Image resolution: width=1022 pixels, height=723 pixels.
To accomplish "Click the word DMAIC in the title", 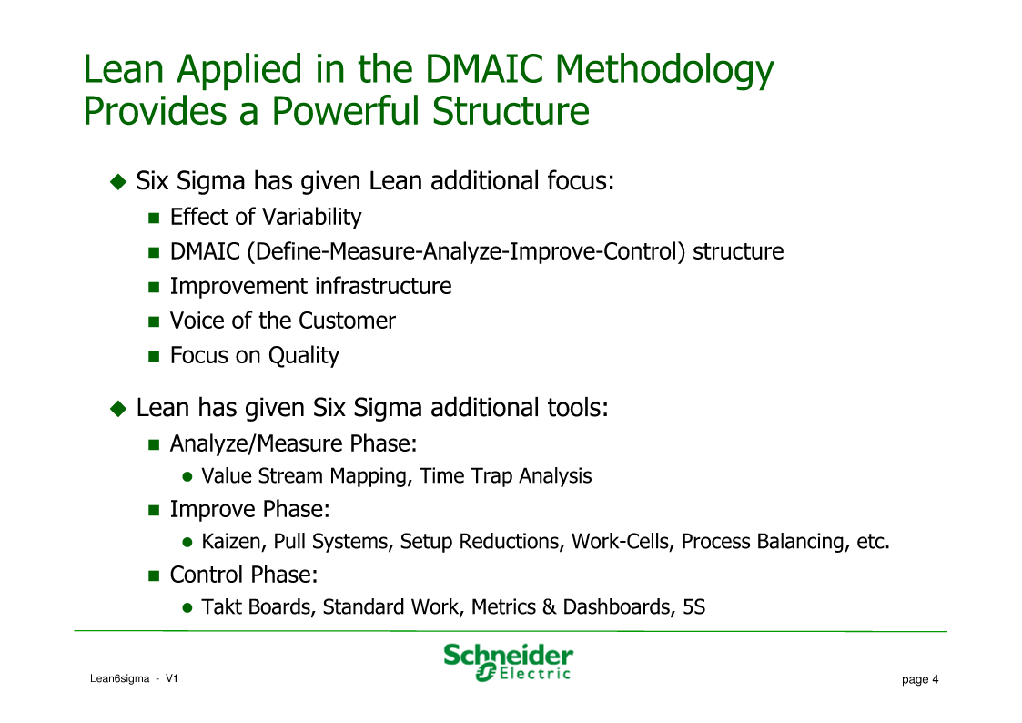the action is (x=483, y=68).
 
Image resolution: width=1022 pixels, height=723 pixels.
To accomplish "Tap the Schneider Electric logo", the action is (x=509, y=662).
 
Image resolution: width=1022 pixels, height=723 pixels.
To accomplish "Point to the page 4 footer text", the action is (x=920, y=679).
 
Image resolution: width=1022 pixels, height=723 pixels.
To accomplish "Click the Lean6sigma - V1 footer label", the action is (x=134, y=678).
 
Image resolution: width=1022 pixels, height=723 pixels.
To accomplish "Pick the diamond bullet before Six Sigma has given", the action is (x=118, y=181).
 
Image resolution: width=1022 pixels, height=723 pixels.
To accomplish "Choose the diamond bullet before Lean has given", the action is (x=118, y=408).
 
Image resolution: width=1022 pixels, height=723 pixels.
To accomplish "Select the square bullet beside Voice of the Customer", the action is (x=154, y=321).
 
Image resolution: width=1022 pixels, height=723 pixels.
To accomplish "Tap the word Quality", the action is (x=304, y=355).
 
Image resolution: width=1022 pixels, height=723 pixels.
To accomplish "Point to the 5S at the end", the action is (x=694, y=607).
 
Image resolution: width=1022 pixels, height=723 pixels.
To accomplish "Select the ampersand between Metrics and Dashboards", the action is (x=550, y=607).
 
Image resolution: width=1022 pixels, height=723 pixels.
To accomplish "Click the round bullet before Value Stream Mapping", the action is (x=187, y=476).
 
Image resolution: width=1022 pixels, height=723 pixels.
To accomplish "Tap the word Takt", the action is (x=222, y=607).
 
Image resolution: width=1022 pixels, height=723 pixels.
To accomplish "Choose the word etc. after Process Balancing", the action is (x=873, y=542).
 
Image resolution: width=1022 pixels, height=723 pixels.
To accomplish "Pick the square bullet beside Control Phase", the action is (x=154, y=575).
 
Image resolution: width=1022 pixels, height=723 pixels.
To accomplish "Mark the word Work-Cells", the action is (x=622, y=541).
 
